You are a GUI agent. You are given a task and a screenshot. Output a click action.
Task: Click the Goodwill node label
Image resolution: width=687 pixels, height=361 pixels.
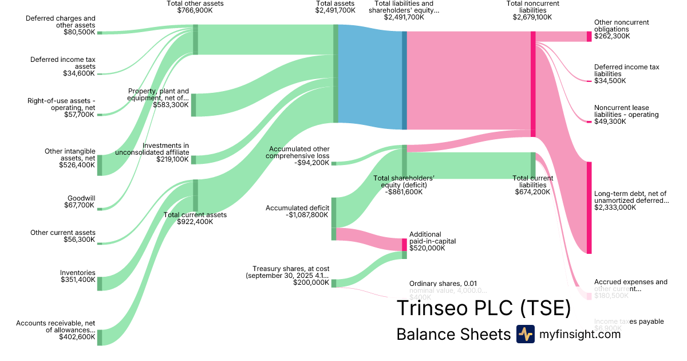(81, 198)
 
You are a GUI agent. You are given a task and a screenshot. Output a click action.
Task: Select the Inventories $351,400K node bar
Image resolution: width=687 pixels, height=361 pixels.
(100, 284)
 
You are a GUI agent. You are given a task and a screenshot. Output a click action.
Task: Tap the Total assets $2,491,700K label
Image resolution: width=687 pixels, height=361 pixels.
(335, 7)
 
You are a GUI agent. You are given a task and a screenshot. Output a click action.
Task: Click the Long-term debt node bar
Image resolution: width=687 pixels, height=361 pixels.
(589, 207)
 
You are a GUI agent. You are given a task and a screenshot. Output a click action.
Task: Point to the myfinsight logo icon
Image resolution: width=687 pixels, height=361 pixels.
(525, 334)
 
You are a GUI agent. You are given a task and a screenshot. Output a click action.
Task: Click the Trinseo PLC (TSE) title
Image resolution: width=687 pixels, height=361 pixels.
(484, 308)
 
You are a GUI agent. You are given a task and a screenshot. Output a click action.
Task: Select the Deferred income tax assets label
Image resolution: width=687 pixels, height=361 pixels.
(63, 62)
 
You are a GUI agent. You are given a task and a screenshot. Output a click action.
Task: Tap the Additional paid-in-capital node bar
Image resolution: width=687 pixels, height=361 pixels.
(404, 245)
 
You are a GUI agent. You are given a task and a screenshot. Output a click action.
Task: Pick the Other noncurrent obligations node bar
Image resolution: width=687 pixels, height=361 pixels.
(589, 36)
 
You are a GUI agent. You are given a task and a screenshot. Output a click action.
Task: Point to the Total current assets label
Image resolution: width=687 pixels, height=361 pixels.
(195, 215)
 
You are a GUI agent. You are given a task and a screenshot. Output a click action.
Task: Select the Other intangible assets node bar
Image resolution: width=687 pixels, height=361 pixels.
(100, 165)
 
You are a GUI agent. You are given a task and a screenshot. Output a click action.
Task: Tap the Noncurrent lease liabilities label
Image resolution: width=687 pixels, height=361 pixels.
(626, 111)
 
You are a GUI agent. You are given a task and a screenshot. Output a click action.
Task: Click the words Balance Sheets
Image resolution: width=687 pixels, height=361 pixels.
(453, 334)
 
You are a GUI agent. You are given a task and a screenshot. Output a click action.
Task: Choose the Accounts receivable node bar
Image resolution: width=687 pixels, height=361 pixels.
(100, 337)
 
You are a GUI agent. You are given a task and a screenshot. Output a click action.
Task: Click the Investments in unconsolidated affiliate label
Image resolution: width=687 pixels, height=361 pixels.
(152, 149)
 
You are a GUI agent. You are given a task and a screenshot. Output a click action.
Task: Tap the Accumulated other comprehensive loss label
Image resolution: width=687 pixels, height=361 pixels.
(299, 152)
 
